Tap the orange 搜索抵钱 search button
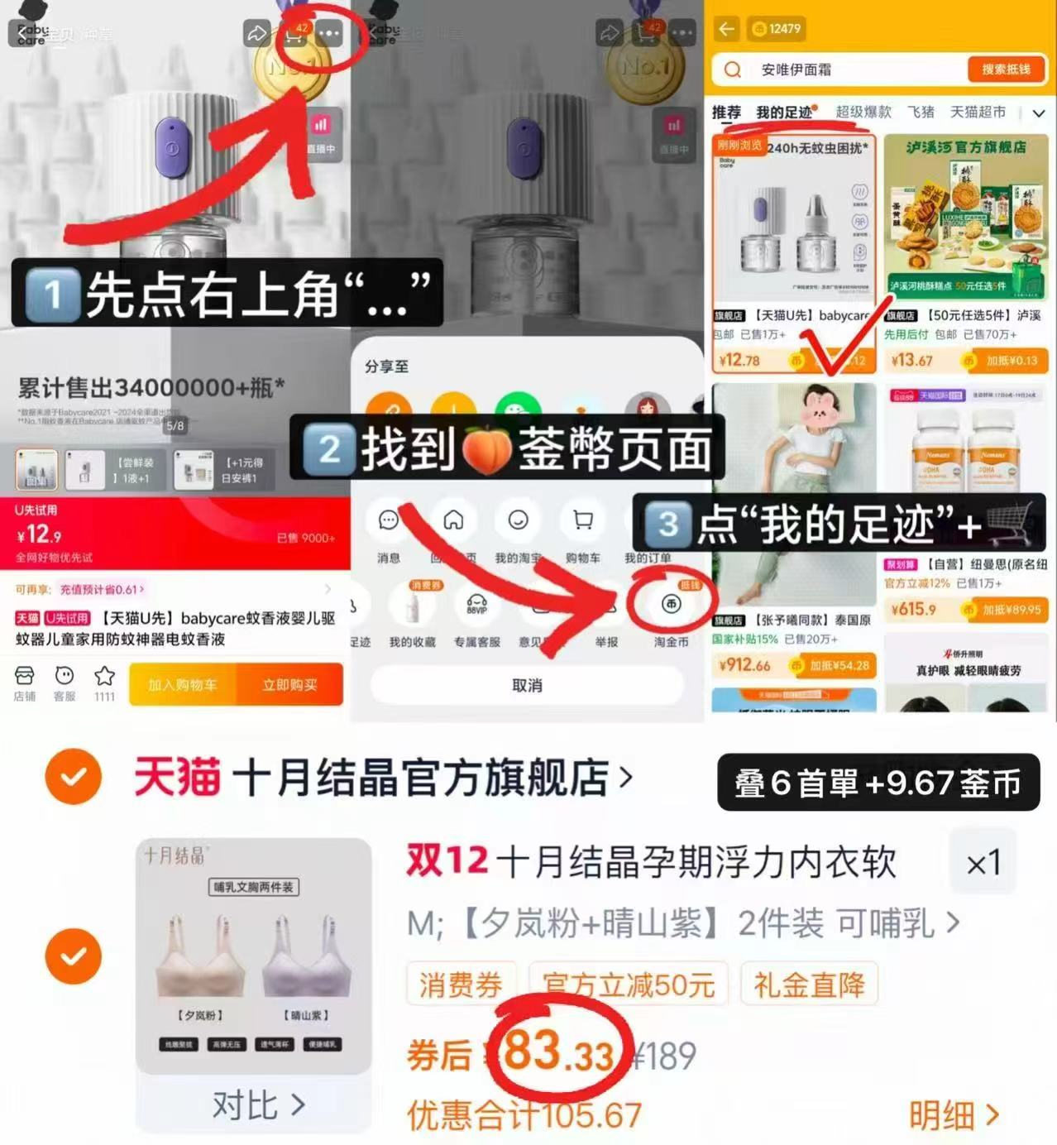(1006, 69)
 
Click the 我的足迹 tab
(784, 113)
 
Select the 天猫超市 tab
(978, 112)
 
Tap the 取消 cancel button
(527, 685)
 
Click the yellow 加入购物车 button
(183, 685)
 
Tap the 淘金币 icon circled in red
(671, 605)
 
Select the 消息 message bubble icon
(389, 520)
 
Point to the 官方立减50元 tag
(629, 985)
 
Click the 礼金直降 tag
(809, 985)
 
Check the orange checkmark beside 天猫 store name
(74, 777)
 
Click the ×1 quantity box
(983, 863)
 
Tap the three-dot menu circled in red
(329, 35)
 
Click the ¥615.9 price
(914, 610)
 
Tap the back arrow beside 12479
(727, 29)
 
